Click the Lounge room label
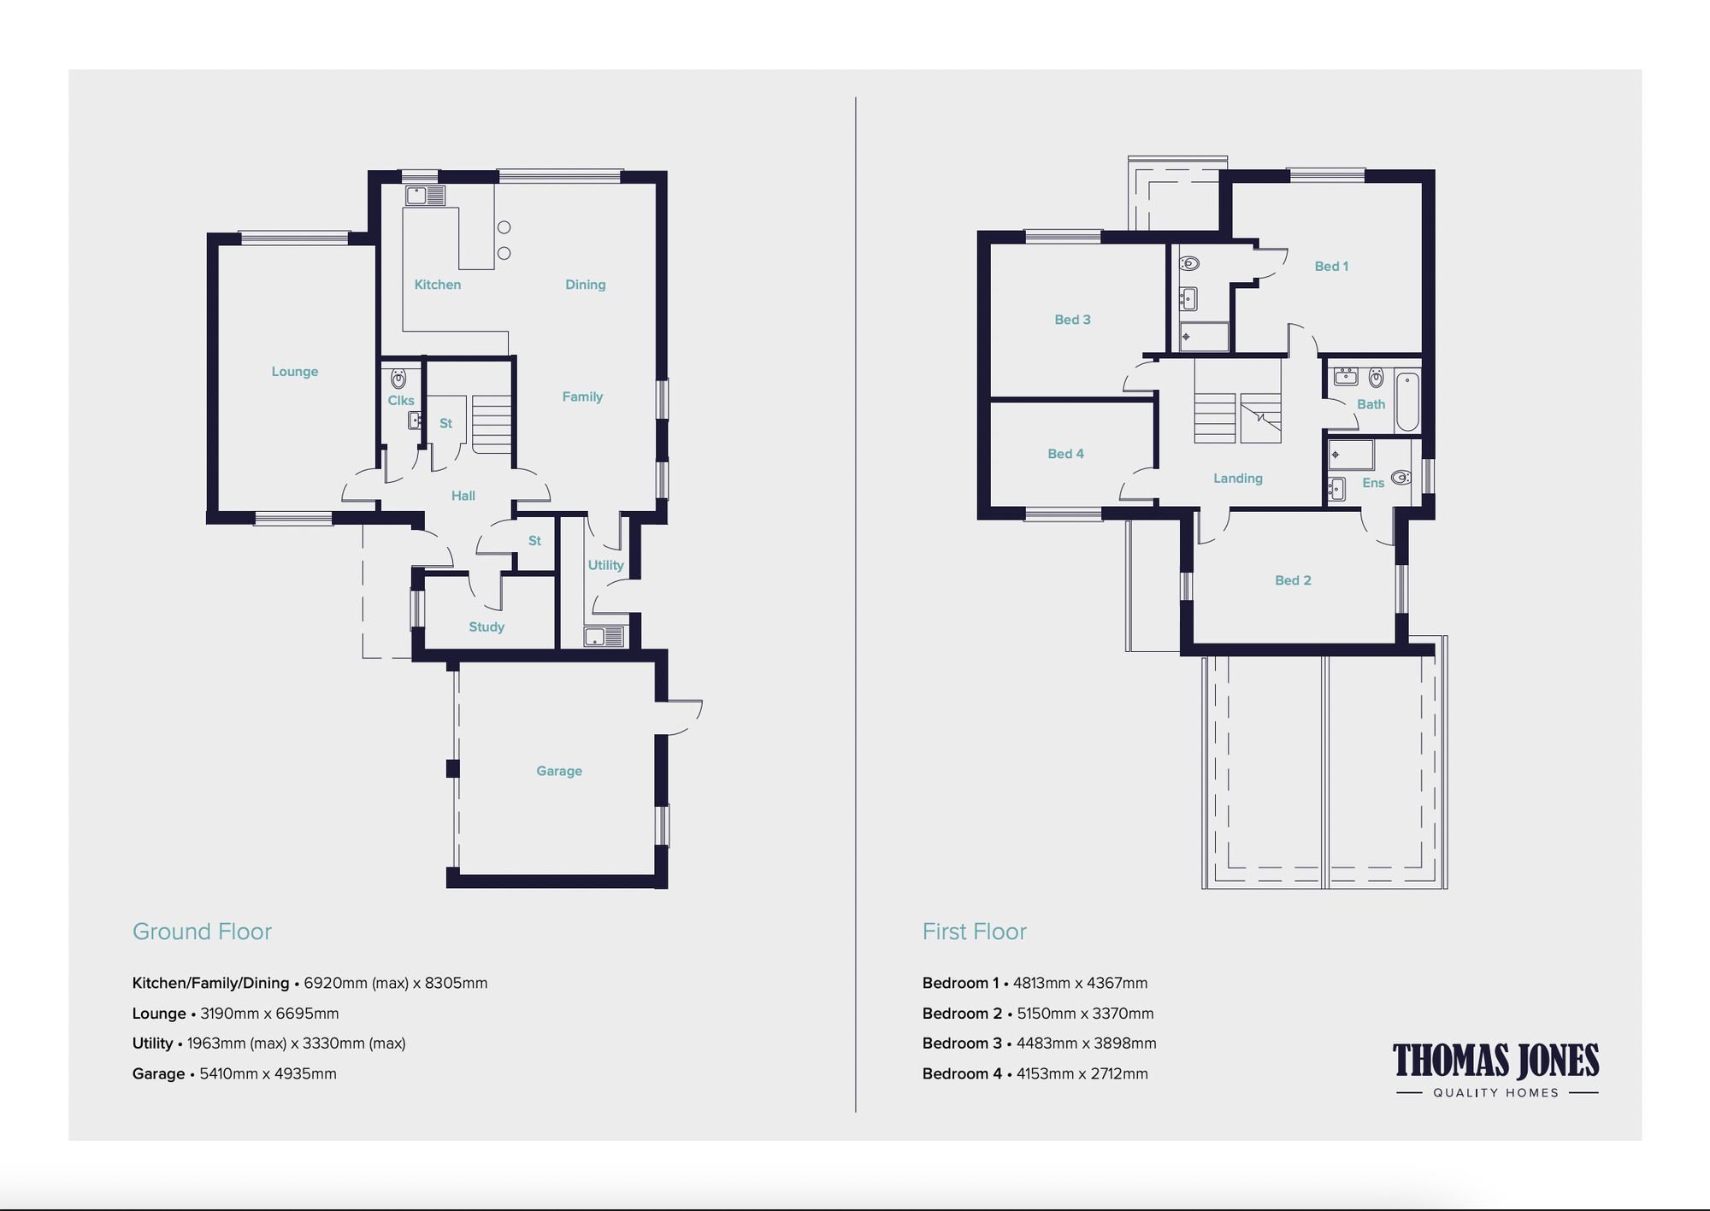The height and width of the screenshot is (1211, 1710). [x=295, y=372]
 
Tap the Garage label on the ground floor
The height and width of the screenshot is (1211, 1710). [x=559, y=771]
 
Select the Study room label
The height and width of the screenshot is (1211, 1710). [x=486, y=627]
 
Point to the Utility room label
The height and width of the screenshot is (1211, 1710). [x=605, y=565]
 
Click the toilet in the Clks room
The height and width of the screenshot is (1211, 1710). [x=398, y=379]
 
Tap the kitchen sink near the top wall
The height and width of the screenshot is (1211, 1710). [x=425, y=196]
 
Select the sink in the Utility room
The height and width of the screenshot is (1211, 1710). [x=604, y=637]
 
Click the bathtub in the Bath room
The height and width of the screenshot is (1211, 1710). [x=1407, y=402]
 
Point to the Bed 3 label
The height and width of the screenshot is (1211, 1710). [x=1072, y=320]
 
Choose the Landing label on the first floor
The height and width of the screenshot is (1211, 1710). [x=1237, y=479]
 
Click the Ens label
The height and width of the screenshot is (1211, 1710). [x=1373, y=483]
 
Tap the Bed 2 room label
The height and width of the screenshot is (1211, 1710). [x=1293, y=580]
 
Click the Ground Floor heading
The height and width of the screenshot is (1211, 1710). [x=202, y=932]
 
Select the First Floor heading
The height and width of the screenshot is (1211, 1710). [x=974, y=932]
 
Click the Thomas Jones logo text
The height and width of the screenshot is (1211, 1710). [x=1495, y=1061]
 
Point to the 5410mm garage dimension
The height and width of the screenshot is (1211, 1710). [x=228, y=1074]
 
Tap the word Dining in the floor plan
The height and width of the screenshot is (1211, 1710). [x=585, y=285]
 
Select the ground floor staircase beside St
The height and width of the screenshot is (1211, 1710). [x=491, y=424]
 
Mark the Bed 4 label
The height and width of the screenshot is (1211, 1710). [x=1065, y=454]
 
